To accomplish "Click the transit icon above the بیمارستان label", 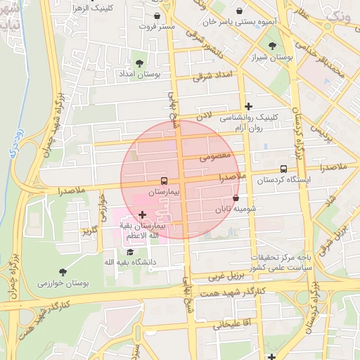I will tap(165, 181).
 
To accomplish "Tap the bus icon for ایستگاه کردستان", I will tap(283, 169).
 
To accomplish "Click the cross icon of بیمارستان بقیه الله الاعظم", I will tap(143, 214).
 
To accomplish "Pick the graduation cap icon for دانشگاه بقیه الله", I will tap(130, 252).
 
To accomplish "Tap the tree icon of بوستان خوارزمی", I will tap(63, 272).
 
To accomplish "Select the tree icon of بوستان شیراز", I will tap(272, 46).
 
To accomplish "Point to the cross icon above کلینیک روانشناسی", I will tap(248, 107).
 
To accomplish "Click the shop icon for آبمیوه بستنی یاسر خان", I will tap(242, 12).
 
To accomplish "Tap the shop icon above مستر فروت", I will tap(156, 15).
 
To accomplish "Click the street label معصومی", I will tap(214, 157).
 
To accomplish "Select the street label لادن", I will tap(203, 113).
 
